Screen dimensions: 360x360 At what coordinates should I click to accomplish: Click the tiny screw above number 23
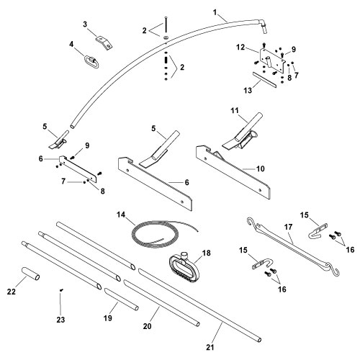(x=61, y=291)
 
